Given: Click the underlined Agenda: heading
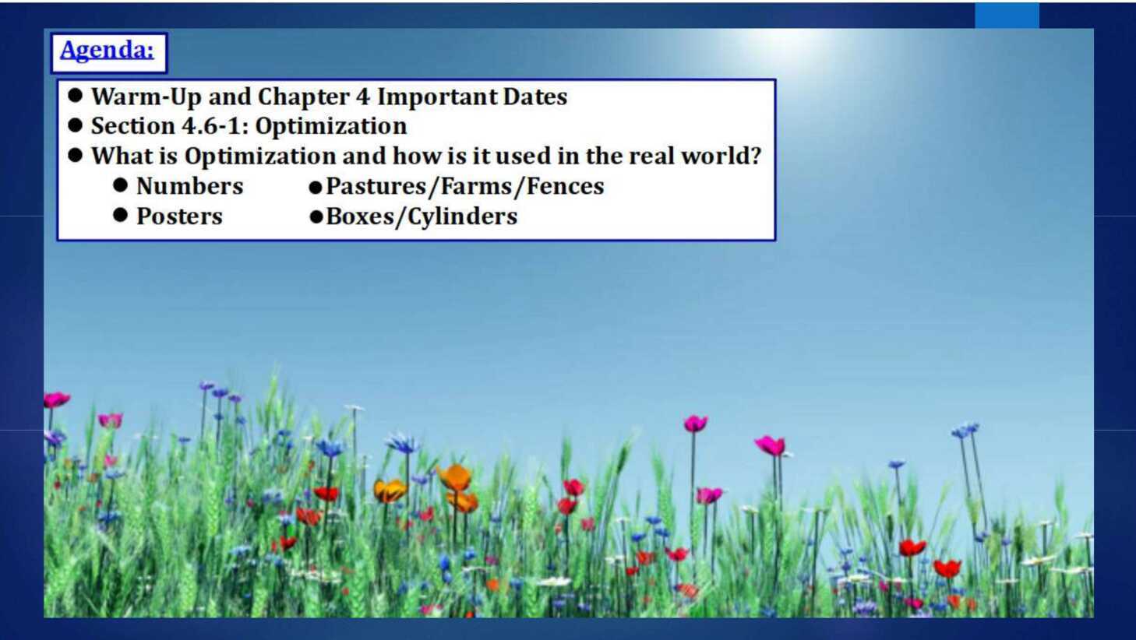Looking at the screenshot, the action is (107, 51).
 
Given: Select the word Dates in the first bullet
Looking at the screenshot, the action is (535, 97).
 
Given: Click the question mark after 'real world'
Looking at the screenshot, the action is (755, 155).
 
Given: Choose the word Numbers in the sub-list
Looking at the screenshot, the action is (189, 186).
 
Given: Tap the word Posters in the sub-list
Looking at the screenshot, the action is (179, 216).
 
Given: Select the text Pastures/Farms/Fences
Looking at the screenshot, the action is (465, 186).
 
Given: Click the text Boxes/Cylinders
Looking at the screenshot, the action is (422, 217).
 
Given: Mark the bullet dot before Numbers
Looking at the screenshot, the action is (120, 185).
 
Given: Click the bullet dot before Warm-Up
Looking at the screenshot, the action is (75, 95).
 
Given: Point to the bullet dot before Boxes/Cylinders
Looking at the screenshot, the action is (316, 217).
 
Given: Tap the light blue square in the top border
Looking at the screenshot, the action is (1007, 16).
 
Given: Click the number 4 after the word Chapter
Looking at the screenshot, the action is (362, 97).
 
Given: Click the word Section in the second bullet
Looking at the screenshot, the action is (133, 125).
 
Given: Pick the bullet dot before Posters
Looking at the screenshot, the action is (120, 215).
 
